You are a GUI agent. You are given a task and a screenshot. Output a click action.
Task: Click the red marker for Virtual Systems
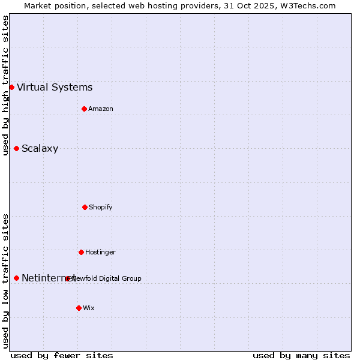[11, 87]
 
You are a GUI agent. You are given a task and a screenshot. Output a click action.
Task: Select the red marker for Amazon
[85, 109]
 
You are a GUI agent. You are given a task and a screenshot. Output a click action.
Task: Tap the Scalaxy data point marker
[16, 148]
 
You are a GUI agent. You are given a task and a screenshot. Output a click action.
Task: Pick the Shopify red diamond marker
[85, 207]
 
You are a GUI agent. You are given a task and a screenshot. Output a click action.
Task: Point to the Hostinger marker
[81, 252]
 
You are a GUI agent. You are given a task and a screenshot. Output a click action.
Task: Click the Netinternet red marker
[16, 278]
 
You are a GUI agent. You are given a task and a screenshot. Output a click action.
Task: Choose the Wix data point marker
[79, 308]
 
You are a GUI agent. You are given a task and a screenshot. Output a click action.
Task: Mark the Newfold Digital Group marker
[67, 278]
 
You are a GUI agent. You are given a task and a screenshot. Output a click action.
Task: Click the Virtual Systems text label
[55, 88]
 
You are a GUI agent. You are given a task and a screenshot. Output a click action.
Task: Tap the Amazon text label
[101, 109]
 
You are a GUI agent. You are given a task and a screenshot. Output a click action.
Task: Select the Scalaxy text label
[40, 149]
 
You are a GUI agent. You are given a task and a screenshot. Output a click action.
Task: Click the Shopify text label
[101, 207]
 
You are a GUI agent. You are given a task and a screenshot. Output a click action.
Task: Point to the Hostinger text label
[100, 252]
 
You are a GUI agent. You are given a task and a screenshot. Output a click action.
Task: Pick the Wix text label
[89, 308]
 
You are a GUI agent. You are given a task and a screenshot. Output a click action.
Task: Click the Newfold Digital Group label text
[107, 278]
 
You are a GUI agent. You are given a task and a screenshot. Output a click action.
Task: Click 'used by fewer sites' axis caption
[62, 355]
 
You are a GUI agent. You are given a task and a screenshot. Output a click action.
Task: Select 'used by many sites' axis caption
[301, 355]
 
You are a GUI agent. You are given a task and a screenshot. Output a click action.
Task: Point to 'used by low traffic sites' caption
[5, 281]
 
